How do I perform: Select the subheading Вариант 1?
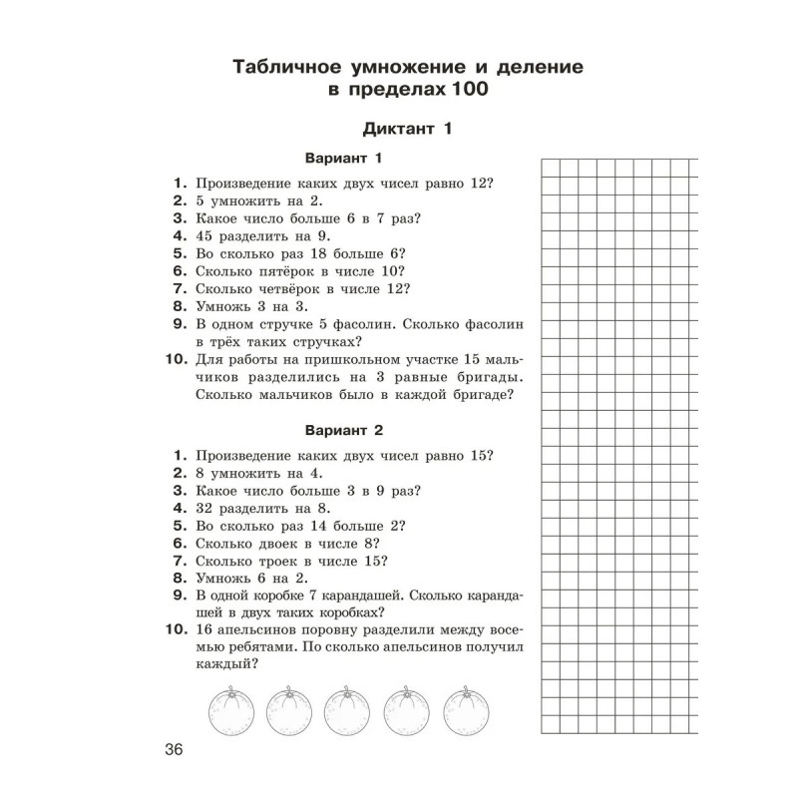tap(342, 159)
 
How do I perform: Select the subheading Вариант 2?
tap(342, 431)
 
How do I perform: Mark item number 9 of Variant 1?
tap(181, 325)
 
